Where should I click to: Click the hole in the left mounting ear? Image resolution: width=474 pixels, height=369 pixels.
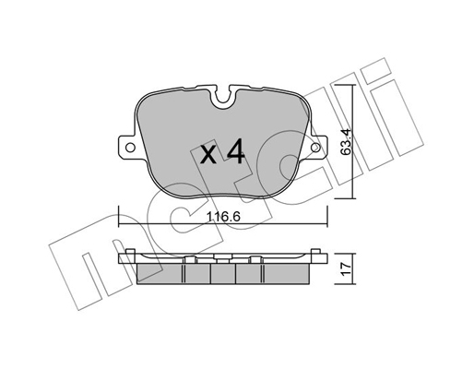click(130, 148)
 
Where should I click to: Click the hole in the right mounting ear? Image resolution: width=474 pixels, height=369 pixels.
click(315, 148)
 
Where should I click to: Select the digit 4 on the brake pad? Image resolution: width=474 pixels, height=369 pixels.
click(235, 150)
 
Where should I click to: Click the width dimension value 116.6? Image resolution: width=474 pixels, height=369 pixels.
click(223, 217)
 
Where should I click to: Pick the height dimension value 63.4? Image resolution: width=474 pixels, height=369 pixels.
click(347, 141)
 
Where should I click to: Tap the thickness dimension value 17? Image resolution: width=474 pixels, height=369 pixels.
click(347, 268)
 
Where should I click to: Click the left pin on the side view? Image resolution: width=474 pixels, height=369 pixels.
click(131, 251)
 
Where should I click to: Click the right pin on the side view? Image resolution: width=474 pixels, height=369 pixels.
click(315, 251)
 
